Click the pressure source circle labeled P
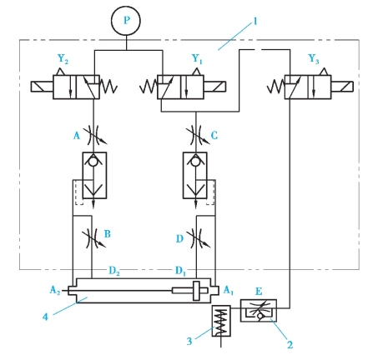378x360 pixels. pos(126,21)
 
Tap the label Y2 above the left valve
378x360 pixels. pos(63,59)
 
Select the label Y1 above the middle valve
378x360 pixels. pos(197,59)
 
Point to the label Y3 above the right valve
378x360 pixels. pos(314,59)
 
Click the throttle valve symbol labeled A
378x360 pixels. pos(93,135)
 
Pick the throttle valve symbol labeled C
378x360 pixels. pos(197,135)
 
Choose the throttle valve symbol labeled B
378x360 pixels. pos(93,238)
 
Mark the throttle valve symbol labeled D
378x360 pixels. pos(197,238)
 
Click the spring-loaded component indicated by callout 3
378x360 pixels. pos(221,321)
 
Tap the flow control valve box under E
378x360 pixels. pos(259,310)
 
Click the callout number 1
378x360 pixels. pos(255,22)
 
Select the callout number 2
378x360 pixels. pos(290,345)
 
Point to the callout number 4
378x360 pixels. pos(45,317)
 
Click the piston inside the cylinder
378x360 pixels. pos(196,291)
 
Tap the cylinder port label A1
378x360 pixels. pos(229,290)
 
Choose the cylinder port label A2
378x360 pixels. pos(55,290)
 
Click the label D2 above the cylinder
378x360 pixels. pos(114,271)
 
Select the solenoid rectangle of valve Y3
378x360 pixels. pos(342,87)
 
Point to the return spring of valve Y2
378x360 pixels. pos(108,87)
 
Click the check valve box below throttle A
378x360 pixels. pos(94,175)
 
